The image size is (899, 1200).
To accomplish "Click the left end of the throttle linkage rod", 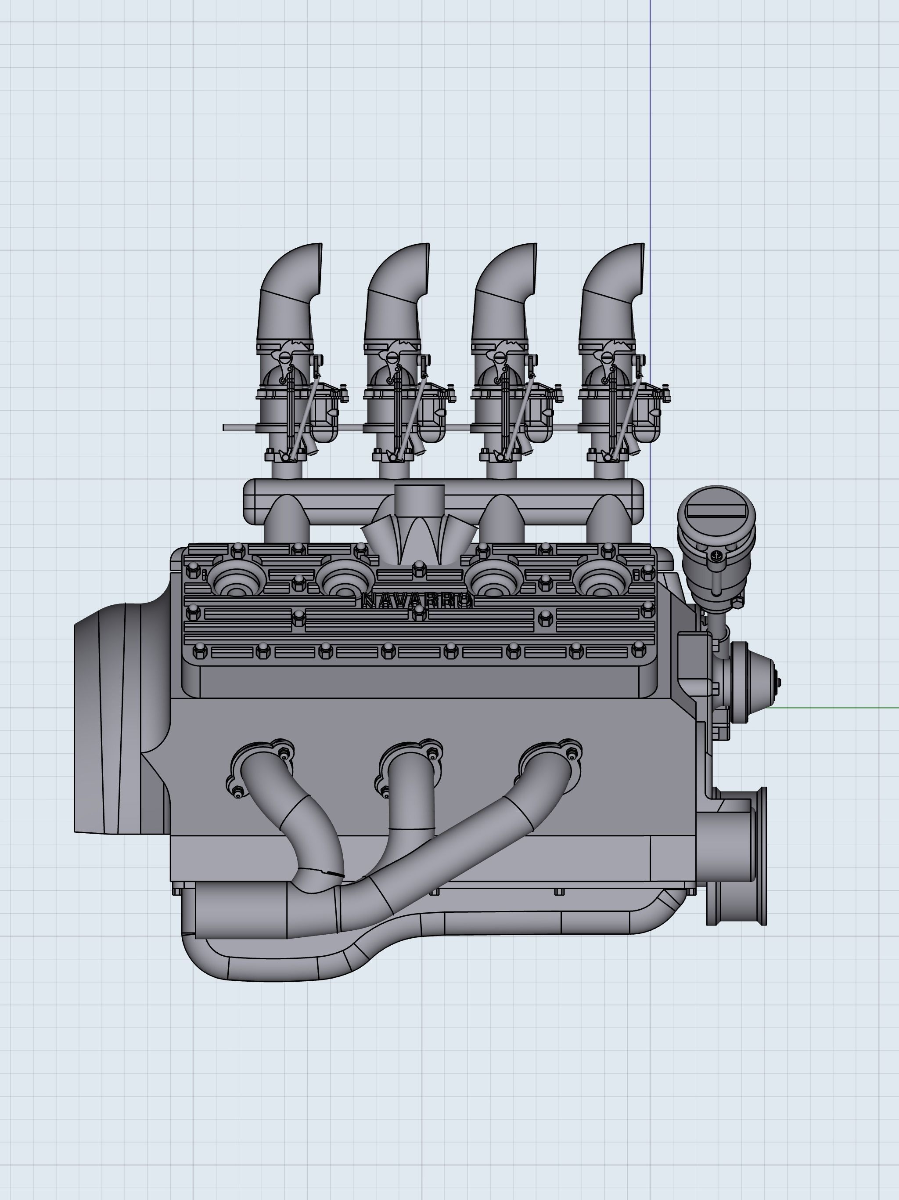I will point(226,427).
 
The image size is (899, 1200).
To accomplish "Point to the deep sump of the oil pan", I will point(271,960).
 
